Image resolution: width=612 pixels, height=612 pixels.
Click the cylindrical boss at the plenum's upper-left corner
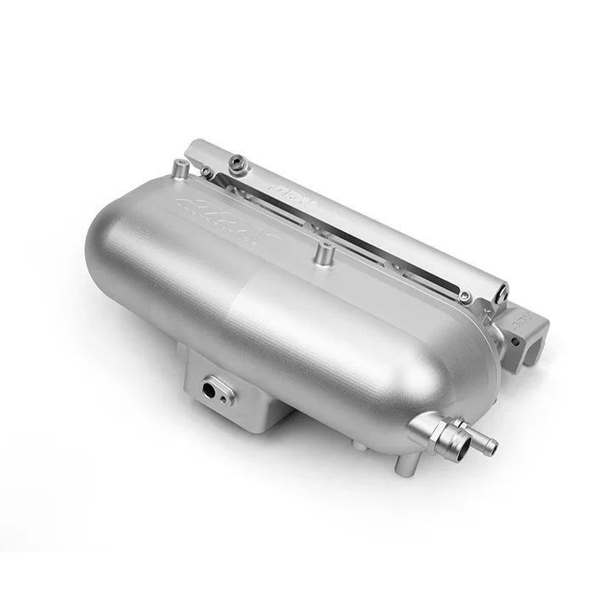179,169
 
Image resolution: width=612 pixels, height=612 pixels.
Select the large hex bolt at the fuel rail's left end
238,159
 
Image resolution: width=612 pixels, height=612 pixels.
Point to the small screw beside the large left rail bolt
206,173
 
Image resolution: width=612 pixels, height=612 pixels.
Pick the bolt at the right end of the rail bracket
465,297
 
